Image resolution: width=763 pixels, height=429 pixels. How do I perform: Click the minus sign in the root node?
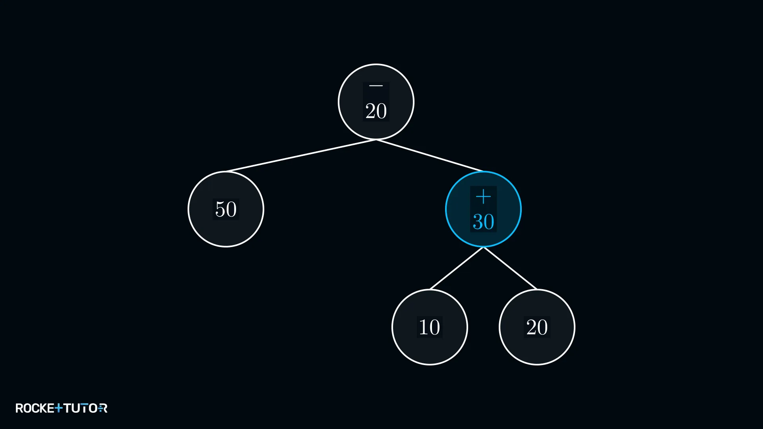376,86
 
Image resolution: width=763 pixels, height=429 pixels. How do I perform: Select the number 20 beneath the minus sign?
376,111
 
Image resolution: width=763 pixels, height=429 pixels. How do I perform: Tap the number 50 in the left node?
226,209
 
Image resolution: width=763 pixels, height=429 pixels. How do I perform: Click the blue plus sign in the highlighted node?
483,197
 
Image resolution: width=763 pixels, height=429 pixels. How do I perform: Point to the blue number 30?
483,222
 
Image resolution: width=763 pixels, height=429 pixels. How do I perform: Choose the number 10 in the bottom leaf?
430,327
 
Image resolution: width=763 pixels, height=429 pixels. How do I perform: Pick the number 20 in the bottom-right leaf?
537,327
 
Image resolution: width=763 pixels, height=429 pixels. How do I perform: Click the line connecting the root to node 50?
301,155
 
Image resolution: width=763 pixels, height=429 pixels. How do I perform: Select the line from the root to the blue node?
430,155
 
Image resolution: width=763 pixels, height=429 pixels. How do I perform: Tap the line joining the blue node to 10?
457,268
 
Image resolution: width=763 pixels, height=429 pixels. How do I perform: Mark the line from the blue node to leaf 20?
510,268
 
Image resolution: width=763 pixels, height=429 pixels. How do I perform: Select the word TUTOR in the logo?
85,408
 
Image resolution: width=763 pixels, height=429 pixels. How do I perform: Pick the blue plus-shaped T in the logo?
58,408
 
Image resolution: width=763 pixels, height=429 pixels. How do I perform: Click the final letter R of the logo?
103,408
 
